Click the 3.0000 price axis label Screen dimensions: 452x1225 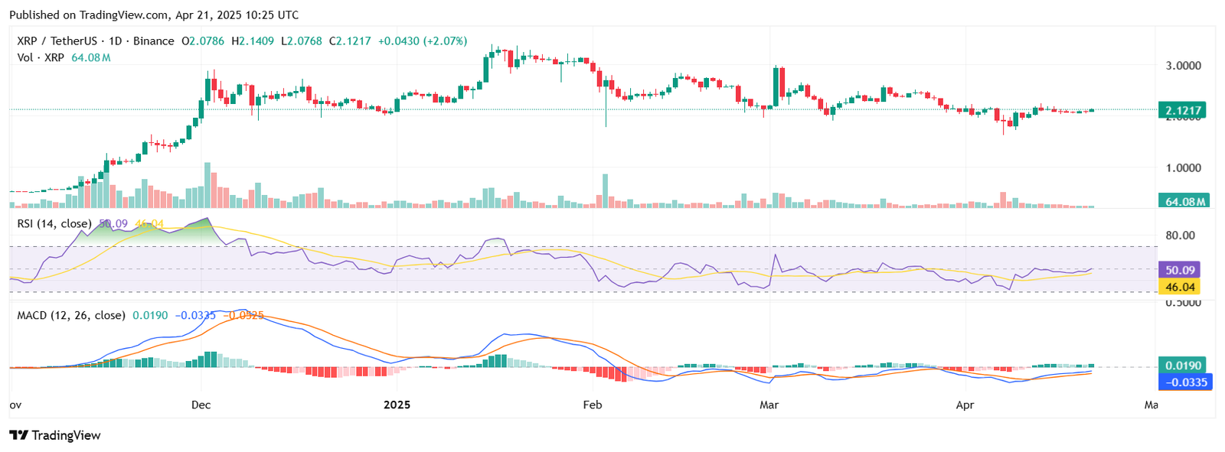click(1183, 66)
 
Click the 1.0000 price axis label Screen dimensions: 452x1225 click(1183, 167)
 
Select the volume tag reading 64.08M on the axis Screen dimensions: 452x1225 click(1185, 202)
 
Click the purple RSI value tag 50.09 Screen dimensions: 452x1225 click(1180, 270)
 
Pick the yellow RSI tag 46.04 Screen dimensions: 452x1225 click(1180, 287)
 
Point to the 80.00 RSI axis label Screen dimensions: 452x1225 click(1180, 236)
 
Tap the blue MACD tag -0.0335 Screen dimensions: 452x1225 click(1185, 382)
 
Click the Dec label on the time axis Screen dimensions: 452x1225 click(201, 405)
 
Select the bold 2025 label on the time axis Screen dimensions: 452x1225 click(397, 405)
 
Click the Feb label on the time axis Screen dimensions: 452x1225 click(593, 405)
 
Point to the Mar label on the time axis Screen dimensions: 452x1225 click(769, 405)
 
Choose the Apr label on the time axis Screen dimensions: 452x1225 click(965, 405)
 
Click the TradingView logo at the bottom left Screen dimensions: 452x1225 click(55, 435)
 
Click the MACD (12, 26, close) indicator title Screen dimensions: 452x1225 click(71, 315)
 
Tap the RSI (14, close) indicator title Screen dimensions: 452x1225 click(54, 223)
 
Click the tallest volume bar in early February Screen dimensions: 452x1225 click(605, 191)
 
